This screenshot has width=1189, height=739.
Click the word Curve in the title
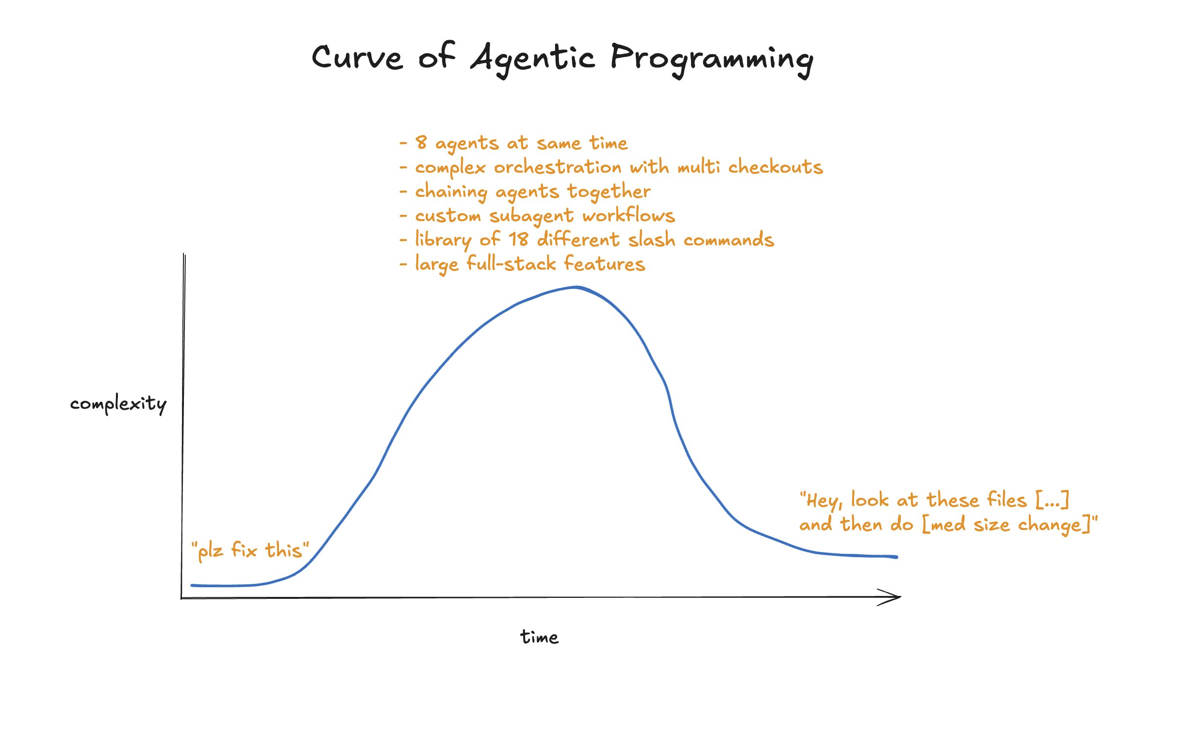[357, 58]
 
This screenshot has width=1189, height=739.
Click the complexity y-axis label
[118, 404]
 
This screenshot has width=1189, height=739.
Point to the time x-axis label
[539, 637]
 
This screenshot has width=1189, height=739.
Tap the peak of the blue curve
[576, 288]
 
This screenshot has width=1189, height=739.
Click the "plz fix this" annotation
[250, 551]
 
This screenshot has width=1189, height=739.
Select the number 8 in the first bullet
[421, 142]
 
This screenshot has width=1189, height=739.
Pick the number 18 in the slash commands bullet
[518, 240]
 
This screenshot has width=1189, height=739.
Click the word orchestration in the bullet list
[557, 167]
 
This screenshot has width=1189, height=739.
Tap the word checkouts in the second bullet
[775, 167]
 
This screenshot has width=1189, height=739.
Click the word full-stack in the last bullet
[511, 264]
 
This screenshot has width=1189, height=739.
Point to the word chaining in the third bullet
[450, 192]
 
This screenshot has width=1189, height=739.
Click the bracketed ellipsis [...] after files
[1053, 499]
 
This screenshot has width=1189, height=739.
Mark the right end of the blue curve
[896, 557]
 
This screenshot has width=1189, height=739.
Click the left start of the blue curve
[193, 585]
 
